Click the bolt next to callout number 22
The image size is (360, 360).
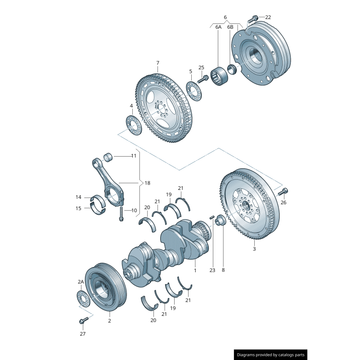click(254, 18)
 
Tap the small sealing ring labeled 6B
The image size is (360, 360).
click(233, 69)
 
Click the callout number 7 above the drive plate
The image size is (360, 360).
click(158, 63)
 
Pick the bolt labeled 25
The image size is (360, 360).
click(202, 79)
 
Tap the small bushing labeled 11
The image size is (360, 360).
click(108, 157)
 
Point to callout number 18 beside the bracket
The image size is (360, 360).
click(148, 183)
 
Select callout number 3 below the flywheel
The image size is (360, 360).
click(254, 248)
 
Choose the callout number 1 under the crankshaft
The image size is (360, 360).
click(195, 270)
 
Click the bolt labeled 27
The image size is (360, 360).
click(82, 321)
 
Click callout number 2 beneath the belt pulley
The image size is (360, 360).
click(109, 321)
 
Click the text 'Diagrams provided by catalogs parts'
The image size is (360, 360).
click(270, 355)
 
